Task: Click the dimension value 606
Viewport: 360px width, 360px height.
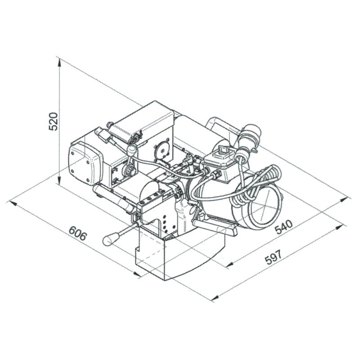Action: (x=78, y=233)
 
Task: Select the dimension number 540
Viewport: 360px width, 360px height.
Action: (x=284, y=226)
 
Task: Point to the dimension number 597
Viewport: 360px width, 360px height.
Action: (x=273, y=257)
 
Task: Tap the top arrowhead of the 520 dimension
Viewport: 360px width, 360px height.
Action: (x=59, y=62)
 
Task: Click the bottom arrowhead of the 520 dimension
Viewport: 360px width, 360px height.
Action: (x=59, y=180)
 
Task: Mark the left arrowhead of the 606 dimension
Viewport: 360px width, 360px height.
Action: (x=13, y=203)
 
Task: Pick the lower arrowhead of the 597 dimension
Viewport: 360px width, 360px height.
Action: (x=215, y=298)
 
